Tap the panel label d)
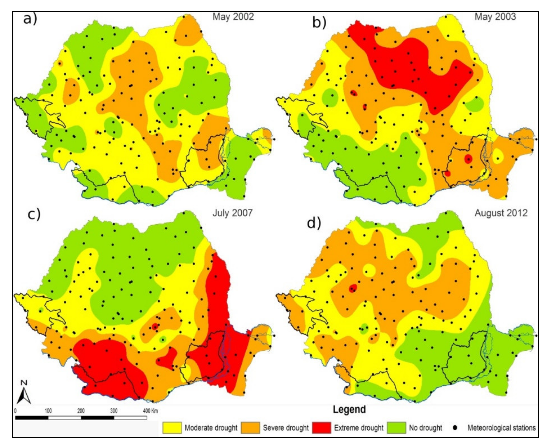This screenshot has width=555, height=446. tap(314, 223)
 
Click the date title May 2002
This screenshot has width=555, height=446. tap(233, 17)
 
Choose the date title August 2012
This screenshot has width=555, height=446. tap(501, 213)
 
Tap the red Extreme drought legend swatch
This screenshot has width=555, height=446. tap(322, 428)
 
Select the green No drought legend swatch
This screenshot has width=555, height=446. tap(396, 428)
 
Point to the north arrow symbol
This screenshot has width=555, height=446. tap(24, 394)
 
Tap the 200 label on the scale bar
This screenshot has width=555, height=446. tap(81, 411)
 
